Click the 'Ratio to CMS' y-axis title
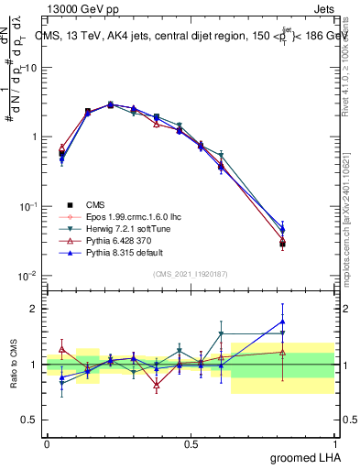13,365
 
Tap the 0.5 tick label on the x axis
191,444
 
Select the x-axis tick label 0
47,444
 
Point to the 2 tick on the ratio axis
35,309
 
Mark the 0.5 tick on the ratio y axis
31,420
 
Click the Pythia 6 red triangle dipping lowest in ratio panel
157,385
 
